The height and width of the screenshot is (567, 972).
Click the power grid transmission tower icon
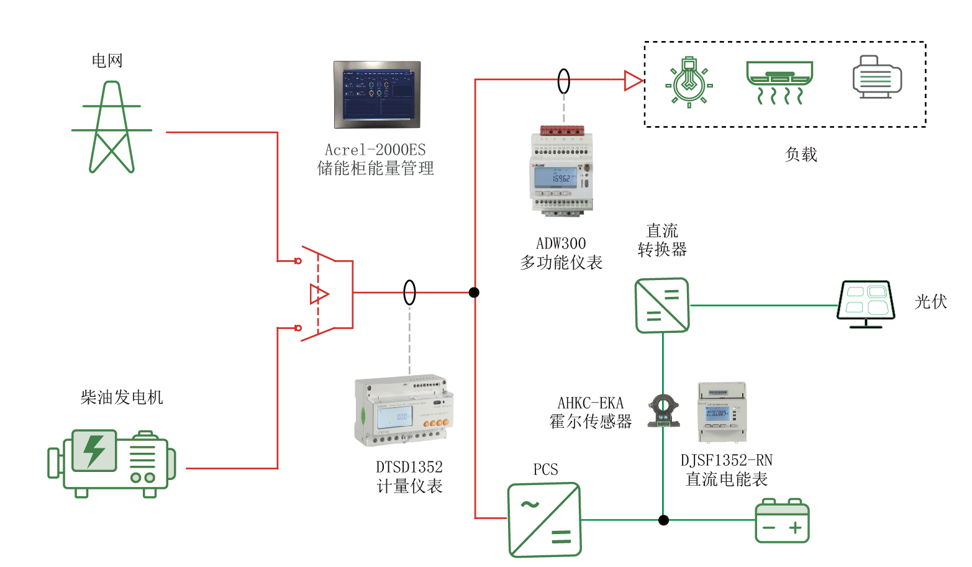(112, 127)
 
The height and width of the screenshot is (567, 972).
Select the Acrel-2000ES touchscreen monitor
(377, 94)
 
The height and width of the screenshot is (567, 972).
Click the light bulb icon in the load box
(689, 83)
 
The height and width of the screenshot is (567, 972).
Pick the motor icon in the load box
(876, 78)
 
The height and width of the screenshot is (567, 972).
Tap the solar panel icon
(866, 304)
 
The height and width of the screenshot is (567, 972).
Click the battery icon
(782, 521)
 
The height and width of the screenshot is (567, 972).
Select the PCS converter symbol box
(544, 520)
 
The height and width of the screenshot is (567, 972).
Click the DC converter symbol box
(662, 306)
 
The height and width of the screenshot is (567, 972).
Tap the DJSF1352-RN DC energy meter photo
(722, 412)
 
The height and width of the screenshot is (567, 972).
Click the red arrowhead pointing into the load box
(633, 81)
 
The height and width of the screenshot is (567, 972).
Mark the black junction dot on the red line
(474, 293)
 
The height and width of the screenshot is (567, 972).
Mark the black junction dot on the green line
(663, 520)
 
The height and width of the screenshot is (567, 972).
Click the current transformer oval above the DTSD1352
(409, 293)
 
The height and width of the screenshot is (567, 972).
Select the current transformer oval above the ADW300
(563, 81)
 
